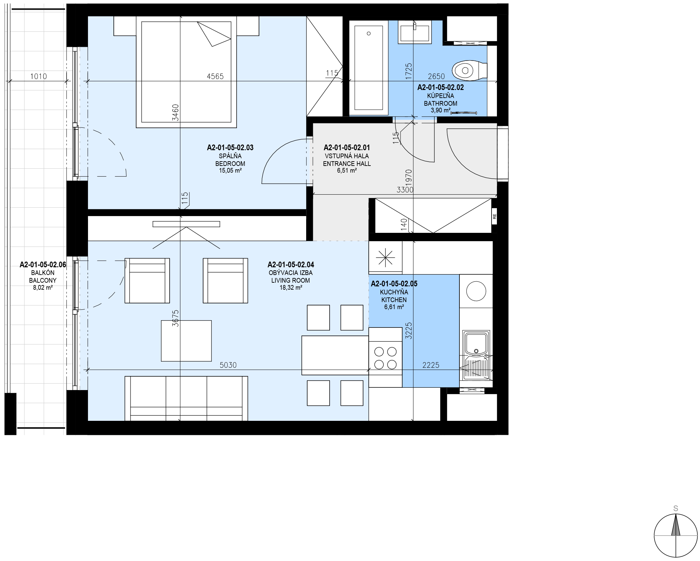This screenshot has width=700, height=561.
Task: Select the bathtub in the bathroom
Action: [369, 68]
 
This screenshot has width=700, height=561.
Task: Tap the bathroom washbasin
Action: [415, 32]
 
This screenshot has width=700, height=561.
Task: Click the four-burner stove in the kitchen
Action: [385, 357]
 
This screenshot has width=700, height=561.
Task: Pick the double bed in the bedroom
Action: [186, 72]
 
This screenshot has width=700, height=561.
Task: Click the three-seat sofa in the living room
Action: [186, 398]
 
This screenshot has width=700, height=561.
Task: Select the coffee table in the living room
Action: [186, 341]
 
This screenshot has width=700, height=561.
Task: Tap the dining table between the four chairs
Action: [335, 355]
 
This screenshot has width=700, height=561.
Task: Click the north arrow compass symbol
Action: [676, 536]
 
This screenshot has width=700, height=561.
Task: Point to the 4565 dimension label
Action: [215, 77]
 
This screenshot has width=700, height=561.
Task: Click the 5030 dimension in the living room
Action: [228, 365]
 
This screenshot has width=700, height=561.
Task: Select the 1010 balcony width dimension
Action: [38, 77]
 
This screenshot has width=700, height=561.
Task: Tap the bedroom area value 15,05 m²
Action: [231, 171]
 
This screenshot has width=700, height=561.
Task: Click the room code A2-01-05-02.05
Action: [394, 284]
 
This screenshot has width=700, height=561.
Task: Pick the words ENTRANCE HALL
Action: [347, 164]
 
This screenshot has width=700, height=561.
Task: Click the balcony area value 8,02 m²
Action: [43, 287]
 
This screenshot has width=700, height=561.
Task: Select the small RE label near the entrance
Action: [495, 217]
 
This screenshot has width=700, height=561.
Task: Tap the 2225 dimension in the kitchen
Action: [431, 365]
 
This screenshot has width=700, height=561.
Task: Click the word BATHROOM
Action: [441, 103]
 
